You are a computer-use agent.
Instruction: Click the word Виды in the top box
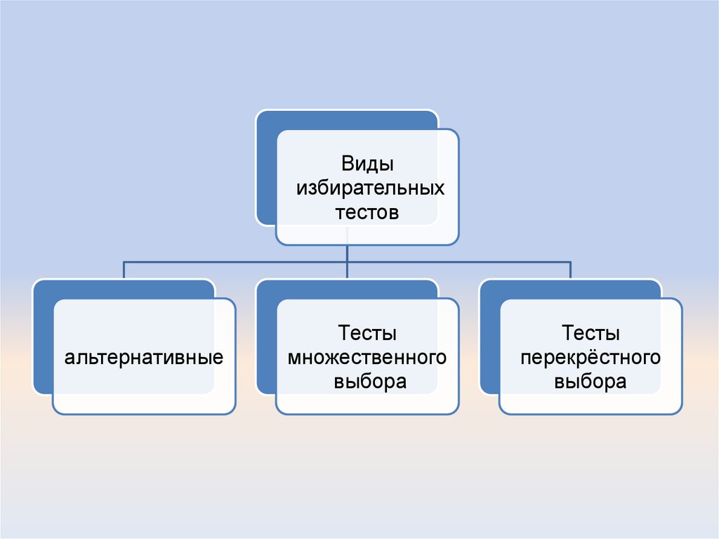pyautogui.click(x=367, y=164)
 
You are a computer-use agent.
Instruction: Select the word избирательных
pyautogui.click(x=367, y=188)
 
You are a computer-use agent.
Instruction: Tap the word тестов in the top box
pyautogui.click(x=367, y=212)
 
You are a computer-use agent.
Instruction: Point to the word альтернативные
pyautogui.click(x=145, y=358)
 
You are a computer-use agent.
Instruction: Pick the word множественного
pyautogui.click(x=367, y=358)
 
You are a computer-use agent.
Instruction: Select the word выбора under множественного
pyautogui.click(x=367, y=382)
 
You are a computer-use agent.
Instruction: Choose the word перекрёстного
pyautogui.click(x=591, y=358)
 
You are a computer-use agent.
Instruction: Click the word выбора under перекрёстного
pyautogui.click(x=591, y=382)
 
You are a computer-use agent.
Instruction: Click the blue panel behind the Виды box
pyautogui.click(x=266, y=169)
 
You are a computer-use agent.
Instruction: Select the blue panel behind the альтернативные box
pyautogui.click(x=42, y=337)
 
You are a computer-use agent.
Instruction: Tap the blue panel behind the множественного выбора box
pyautogui.click(x=266, y=337)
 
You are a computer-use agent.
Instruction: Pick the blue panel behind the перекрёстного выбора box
pyautogui.click(x=489, y=337)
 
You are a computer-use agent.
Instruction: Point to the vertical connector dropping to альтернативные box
pyautogui.click(x=124, y=270)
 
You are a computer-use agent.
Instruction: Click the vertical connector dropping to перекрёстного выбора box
pyautogui.click(x=571, y=270)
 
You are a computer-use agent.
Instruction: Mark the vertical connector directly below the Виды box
pyautogui.click(x=348, y=253)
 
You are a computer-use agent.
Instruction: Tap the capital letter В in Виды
pyautogui.click(x=348, y=164)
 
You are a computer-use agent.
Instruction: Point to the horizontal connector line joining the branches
pyautogui.click(x=239, y=261)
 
